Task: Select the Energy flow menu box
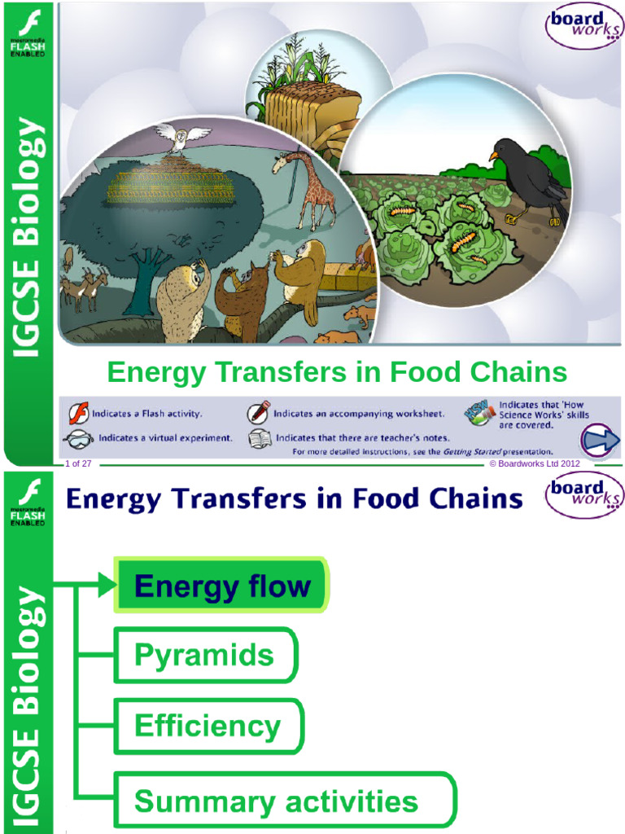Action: click(221, 586)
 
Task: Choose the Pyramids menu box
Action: click(205, 655)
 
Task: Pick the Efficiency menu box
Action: click(208, 726)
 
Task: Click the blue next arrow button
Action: click(601, 441)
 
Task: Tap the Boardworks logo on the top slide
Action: click(583, 25)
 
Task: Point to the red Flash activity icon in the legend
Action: click(78, 414)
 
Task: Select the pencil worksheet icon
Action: click(259, 412)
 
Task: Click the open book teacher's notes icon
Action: click(259, 438)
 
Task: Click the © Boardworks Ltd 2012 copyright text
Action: click(534, 463)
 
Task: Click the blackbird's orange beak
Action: click(493, 155)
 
